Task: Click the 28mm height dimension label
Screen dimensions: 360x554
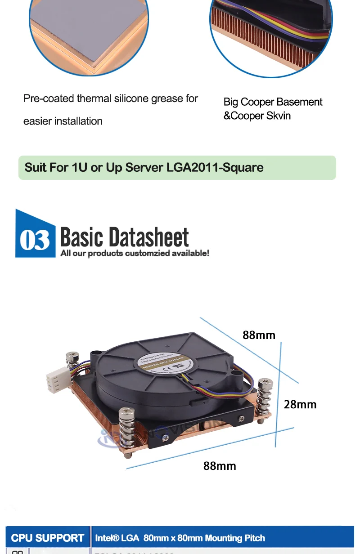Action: tap(300, 404)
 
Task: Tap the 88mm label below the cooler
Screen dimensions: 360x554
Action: tap(220, 466)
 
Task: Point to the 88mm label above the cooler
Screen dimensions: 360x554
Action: tap(259, 335)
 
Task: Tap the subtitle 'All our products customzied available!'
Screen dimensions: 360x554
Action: tap(135, 253)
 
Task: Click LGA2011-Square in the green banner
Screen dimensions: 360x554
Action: tap(215, 167)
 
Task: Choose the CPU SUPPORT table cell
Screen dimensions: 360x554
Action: tap(47, 538)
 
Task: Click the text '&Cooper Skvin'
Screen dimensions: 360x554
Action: tap(257, 116)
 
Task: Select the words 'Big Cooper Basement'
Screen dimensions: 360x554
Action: tap(273, 102)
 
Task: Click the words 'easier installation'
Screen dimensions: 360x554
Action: tap(63, 121)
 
